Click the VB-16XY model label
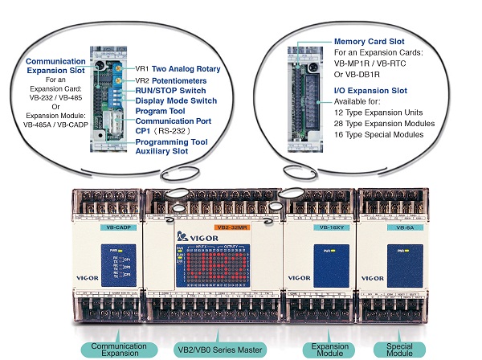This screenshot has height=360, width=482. click(x=321, y=228)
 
